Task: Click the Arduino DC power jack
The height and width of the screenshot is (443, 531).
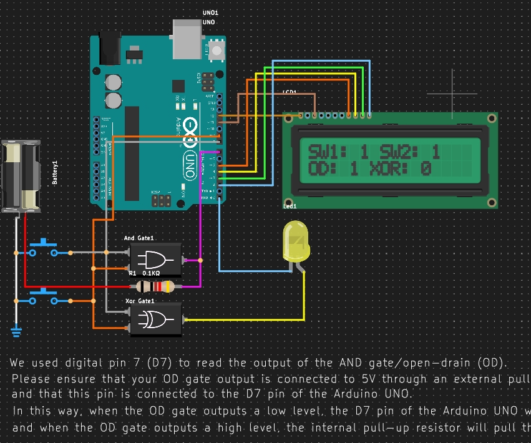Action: [x=109, y=49]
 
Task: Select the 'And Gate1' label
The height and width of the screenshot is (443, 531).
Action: [x=139, y=238]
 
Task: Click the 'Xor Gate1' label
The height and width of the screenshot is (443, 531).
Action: [x=139, y=301]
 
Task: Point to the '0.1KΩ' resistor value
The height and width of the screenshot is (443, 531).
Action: [x=151, y=273]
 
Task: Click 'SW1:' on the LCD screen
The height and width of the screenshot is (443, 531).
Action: [x=323, y=151]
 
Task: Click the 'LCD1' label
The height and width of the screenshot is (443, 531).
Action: [x=289, y=92]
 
